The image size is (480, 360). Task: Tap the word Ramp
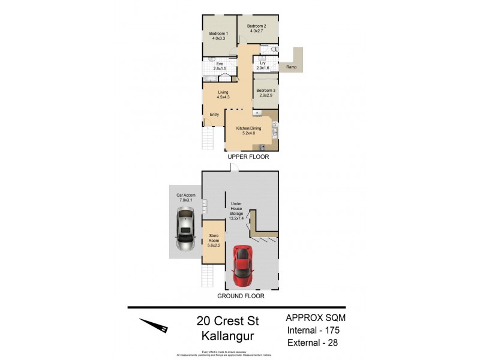click(291, 67)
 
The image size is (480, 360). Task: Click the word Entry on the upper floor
click(214, 115)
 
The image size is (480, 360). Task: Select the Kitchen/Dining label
click(247, 130)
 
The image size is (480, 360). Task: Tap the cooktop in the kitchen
click(263, 146)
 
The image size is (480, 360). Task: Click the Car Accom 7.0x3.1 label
click(185, 198)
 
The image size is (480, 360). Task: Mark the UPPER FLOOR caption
click(248, 157)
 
